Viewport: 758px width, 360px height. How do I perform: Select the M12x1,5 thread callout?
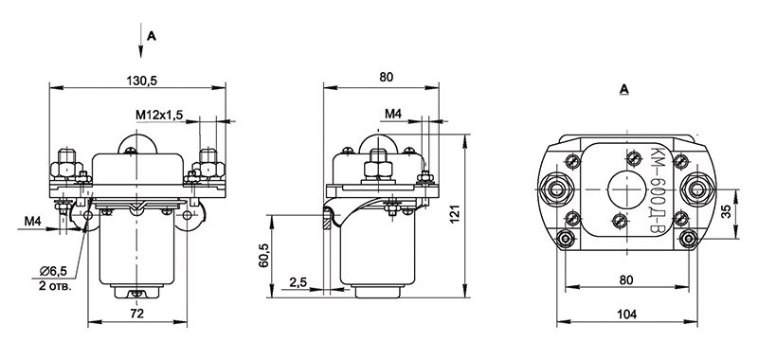[159, 115]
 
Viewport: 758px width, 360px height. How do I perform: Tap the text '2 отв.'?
[55, 285]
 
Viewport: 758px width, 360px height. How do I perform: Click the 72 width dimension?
[137, 314]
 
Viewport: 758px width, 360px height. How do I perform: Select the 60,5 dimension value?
[264, 257]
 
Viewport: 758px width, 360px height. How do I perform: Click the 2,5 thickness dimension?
[298, 281]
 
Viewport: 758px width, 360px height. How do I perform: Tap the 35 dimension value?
[726, 212]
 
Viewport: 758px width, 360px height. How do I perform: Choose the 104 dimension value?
[627, 314]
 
